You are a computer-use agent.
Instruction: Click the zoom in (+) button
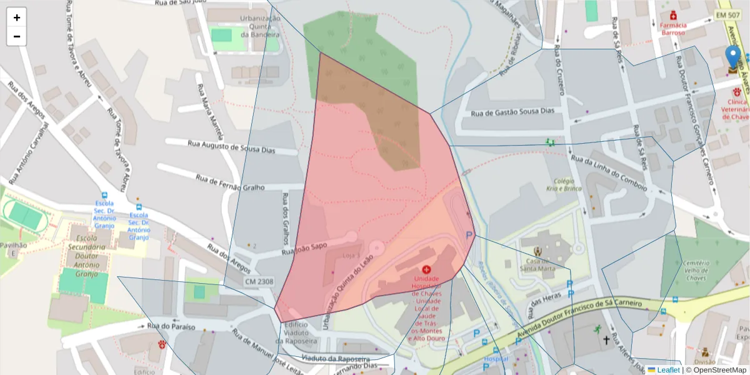(x=17, y=17)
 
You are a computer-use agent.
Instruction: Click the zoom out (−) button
(x=17, y=36)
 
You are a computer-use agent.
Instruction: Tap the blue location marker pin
(x=733, y=59)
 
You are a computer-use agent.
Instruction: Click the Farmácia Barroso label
(x=673, y=29)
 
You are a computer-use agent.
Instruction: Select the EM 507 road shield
(x=727, y=14)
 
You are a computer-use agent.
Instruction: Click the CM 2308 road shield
(x=258, y=282)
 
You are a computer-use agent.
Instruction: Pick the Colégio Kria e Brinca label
(x=564, y=184)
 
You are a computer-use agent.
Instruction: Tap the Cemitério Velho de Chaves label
(x=695, y=271)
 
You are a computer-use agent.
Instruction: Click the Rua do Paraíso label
(x=171, y=326)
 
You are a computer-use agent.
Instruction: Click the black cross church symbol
(x=606, y=341)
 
